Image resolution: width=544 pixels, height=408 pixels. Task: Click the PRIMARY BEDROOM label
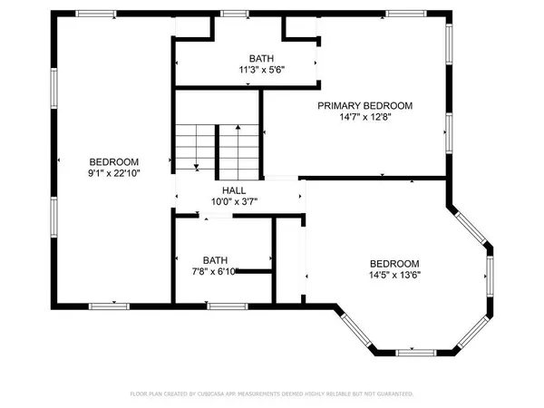(364, 106)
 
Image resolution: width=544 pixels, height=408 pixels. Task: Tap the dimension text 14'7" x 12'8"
(364, 117)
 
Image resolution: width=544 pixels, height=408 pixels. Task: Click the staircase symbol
(219, 145)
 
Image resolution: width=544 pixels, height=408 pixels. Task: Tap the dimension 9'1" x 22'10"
(114, 172)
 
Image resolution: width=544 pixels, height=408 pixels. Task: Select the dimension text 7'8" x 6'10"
(215, 270)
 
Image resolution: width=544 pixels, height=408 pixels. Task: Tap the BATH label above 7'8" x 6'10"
(215, 259)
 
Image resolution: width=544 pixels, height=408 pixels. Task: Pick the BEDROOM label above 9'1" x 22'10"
(114, 161)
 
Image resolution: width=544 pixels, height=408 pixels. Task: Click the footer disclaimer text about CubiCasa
(271, 394)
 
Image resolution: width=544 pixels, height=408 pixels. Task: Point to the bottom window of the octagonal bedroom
(411, 351)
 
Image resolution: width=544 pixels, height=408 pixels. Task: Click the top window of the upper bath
(235, 14)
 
